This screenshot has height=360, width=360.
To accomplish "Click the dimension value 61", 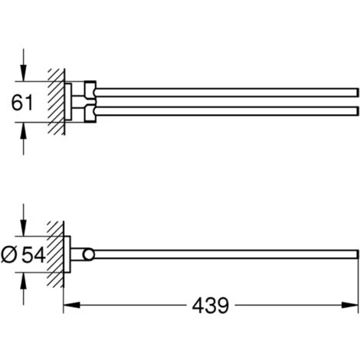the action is point(22,102).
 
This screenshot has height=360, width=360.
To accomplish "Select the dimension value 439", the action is point(211,306).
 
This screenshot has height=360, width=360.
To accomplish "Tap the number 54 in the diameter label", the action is point(33,255).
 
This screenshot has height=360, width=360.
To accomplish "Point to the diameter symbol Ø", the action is point(9,255).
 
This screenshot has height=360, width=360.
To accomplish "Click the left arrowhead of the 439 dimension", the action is point(71,305).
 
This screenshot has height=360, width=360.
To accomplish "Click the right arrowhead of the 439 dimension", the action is point(350,305).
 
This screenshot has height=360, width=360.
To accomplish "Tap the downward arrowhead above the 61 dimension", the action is point(24,74).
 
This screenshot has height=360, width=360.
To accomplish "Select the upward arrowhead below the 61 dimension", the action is point(24,130).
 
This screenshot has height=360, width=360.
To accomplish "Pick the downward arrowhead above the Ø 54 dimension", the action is point(24,228).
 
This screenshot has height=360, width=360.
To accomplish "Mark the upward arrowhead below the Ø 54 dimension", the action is point(24,280).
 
